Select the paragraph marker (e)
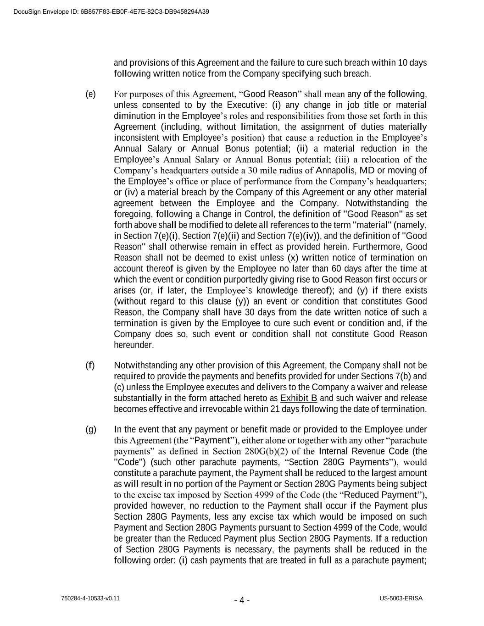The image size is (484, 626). [90, 94]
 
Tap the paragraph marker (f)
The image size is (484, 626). [90, 365]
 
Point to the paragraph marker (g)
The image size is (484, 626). [90, 429]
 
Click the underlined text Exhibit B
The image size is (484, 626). [299, 398]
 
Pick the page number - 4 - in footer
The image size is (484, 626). [242, 600]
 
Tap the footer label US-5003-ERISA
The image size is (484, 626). [401, 598]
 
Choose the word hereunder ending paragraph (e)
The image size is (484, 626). [134, 345]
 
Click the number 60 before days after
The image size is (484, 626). [336, 269]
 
